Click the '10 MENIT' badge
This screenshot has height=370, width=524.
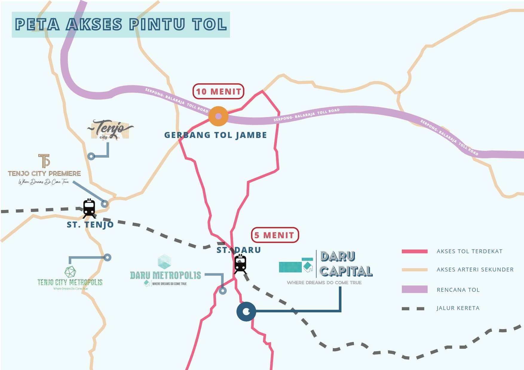[218, 91]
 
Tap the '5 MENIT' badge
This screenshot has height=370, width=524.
[275, 235]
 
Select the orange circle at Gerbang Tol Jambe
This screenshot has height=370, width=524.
[218, 116]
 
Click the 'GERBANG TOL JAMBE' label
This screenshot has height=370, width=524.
[215, 135]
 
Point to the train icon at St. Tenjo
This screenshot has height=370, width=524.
[89, 208]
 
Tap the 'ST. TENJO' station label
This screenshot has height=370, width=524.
[90, 225]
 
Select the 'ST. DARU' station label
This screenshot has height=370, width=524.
[239, 250]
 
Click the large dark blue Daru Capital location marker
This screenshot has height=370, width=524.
[246, 311]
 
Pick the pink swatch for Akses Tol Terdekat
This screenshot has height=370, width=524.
[414, 251]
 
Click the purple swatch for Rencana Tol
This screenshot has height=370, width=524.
[414, 289]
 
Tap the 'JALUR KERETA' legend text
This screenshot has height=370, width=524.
[458, 308]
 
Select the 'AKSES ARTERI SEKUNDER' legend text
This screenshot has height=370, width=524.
[475, 269]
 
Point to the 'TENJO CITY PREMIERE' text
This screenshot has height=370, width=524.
[44, 174]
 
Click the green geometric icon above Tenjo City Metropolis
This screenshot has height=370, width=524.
[70, 271]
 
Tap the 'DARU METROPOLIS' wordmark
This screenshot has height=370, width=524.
[166, 275]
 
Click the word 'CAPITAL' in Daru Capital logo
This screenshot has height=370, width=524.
[346, 271]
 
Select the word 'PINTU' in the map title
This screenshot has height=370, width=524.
[157, 24]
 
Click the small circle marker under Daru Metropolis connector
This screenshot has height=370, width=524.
[223, 291]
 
